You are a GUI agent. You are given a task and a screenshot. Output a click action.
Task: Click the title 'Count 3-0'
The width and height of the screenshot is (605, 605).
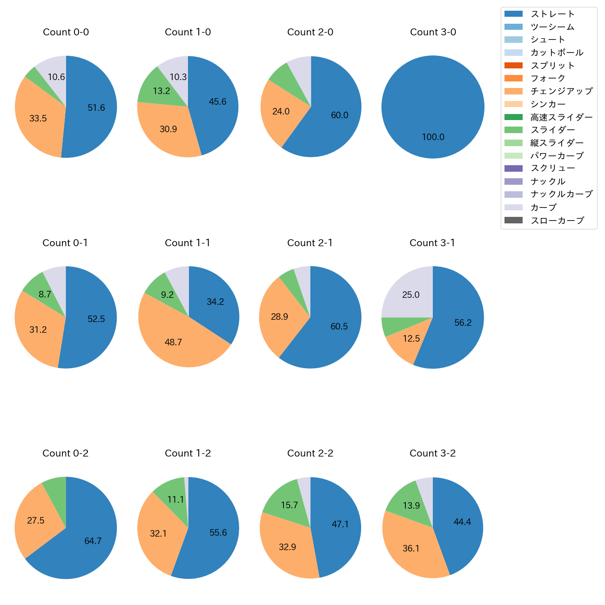pyautogui.click(x=433, y=32)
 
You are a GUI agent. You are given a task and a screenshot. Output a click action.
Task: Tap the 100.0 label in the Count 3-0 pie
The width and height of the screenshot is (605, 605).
pyautogui.click(x=433, y=137)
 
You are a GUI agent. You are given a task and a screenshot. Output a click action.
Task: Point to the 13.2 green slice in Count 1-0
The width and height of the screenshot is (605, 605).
pyautogui.click(x=161, y=90)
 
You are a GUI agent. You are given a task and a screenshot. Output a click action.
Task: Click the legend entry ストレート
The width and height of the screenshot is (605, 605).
pyautogui.click(x=552, y=14)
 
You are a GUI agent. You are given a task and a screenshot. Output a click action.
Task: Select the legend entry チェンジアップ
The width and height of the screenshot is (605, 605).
pyautogui.click(x=561, y=91)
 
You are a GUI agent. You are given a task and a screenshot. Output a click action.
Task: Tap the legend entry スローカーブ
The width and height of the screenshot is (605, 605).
pyautogui.click(x=557, y=221)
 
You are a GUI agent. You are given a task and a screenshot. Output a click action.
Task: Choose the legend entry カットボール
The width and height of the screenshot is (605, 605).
pyautogui.click(x=557, y=53)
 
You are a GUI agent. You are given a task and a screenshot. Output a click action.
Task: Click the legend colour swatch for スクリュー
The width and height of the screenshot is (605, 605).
pyautogui.click(x=513, y=168)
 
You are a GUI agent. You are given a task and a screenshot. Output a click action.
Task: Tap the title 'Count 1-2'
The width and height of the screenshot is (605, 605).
pyautogui.click(x=188, y=453)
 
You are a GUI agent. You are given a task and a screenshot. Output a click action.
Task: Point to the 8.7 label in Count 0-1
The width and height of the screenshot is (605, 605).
pyautogui.click(x=45, y=294)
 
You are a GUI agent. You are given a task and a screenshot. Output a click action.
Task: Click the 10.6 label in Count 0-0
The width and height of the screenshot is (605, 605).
pyautogui.click(x=56, y=77)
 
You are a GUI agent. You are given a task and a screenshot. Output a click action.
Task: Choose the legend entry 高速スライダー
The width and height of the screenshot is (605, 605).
pyautogui.click(x=561, y=117)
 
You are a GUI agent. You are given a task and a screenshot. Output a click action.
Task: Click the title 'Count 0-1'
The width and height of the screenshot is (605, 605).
pyautogui.click(x=65, y=243)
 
